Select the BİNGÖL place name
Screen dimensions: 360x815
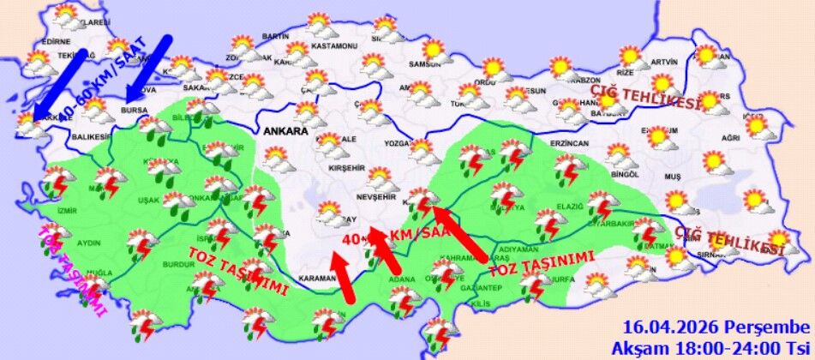tap(627, 173)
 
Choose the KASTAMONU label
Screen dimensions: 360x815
tap(334, 45)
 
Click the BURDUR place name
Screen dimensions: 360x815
tap(180, 266)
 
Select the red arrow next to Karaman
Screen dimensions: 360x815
tap(342, 277)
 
